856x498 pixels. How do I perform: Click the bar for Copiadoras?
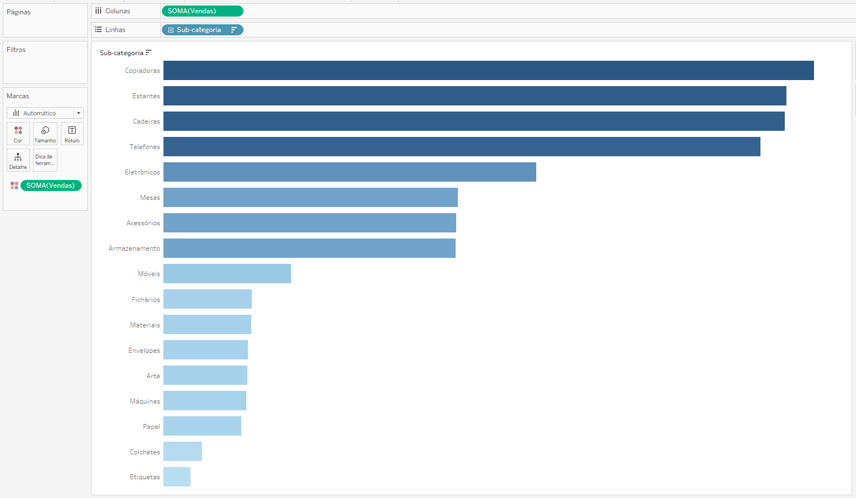(488, 70)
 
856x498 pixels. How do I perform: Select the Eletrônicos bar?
(350, 172)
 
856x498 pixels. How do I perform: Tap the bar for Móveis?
(227, 273)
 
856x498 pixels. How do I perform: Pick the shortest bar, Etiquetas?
(177, 476)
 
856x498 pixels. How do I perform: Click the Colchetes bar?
(183, 451)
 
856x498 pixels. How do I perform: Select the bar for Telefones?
(462, 146)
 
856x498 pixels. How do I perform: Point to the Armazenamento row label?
(134, 248)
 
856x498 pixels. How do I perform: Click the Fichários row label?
(146, 300)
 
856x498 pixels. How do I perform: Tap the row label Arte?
(153, 376)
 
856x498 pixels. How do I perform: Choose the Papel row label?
(151, 427)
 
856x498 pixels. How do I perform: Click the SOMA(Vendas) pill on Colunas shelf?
(202, 11)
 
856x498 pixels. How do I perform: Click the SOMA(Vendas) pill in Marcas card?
(51, 186)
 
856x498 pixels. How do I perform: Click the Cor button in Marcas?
(18, 134)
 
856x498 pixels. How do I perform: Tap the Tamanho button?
(45, 134)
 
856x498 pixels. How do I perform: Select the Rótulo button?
(72, 134)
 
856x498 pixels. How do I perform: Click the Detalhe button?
(18, 160)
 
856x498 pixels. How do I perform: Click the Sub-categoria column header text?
(121, 53)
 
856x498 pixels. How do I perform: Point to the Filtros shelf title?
(16, 50)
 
